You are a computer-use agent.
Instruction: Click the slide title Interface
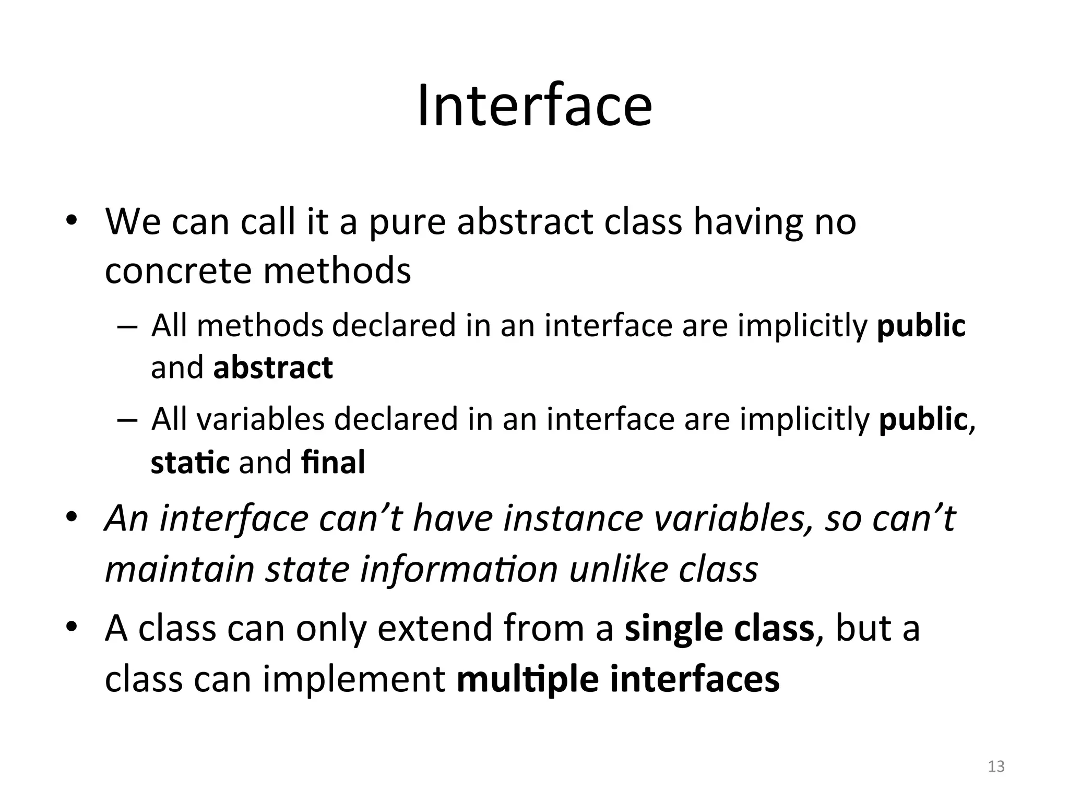534,106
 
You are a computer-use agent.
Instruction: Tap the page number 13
996,766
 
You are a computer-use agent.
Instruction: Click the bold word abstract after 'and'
273,368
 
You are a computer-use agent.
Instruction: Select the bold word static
190,463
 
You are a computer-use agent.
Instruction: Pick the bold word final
333,463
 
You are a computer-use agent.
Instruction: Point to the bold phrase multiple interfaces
618,679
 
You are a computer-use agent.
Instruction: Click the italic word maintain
180,569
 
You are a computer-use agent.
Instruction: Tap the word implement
354,679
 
